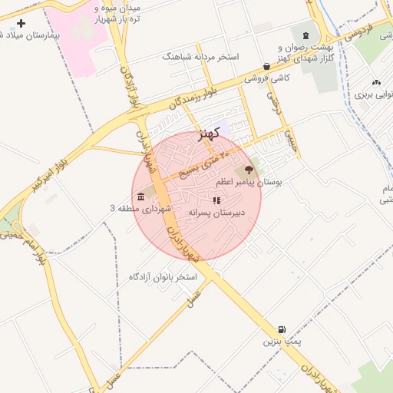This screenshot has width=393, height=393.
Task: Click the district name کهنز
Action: pyautogui.click(x=209, y=134)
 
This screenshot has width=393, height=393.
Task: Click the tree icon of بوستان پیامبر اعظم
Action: pyautogui.click(x=248, y=169)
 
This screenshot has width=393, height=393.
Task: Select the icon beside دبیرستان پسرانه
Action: pyautogui.click(x=216, y=200)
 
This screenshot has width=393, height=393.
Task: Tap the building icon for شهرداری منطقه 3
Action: pyautogui.click(x=140, y=197)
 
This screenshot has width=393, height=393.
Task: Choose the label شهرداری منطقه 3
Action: pyautogui.click(x=136, y=209)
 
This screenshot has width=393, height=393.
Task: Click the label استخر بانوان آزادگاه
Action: pyautogui.click(x=163, y=276)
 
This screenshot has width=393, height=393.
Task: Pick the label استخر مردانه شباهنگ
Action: pyautogui.click(x=201, y=57)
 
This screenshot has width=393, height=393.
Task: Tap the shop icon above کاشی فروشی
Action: pyautogui.click(x=266, y=67)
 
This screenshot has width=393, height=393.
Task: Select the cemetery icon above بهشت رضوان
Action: pyautogui.click(x=306, y=36)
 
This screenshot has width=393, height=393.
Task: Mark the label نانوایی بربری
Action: pyautogui.click(x=374, y=95)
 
